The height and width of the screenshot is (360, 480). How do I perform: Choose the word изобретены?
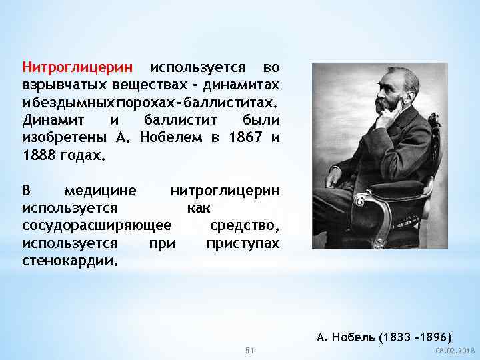[x=64, y=138]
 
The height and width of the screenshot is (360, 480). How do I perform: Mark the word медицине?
[x=100, y=191]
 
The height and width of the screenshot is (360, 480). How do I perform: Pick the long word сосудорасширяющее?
[x=97, y=225]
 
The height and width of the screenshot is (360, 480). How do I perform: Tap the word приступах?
[x=243, y=243]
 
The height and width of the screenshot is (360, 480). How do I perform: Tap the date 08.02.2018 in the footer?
[x=455, y=351]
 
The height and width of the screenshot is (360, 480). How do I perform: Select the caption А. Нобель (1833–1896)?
[x=385, y=335]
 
